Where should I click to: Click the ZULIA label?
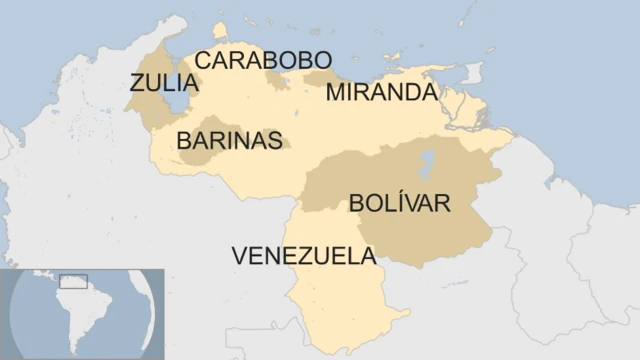point(164,84)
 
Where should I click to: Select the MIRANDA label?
point(381,92)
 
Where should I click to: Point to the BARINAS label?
point(229,141)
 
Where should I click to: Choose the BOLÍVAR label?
point(399,203)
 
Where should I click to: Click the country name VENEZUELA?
point(304,256)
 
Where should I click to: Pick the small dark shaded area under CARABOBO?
point(277,79)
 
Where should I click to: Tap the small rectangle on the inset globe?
point(74,281)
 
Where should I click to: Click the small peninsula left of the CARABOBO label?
point(220,33)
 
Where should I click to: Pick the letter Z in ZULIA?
point(137,84)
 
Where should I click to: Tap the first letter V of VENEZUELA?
point(240,256)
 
